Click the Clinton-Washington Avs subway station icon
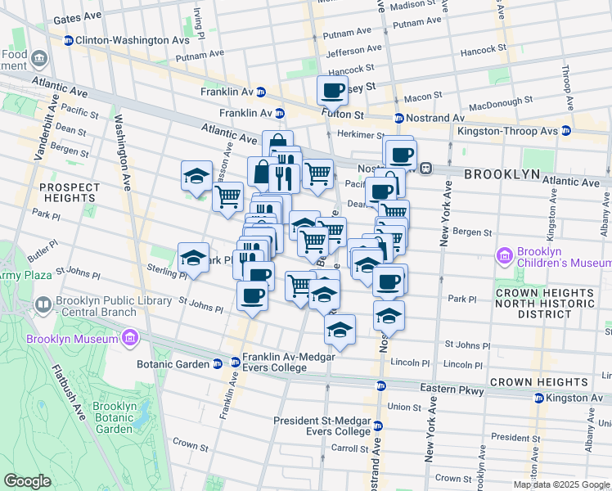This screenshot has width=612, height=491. click(x=69, y=39)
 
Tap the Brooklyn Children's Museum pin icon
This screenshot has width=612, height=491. click(x=504, y=256)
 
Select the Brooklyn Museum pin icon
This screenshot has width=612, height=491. click(x=129, y=338)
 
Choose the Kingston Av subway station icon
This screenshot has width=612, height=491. click(x=538, y=398)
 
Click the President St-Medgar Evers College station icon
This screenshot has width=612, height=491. click(x=377, y=426)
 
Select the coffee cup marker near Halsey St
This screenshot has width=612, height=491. click(x=333, y=91)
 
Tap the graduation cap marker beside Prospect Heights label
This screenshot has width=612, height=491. click(x=196, y=175)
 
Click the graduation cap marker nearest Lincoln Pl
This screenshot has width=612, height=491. click(x=339, y=330)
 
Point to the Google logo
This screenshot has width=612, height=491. click(x=27, y=481)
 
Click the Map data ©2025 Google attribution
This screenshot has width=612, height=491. click(x=560, y=484)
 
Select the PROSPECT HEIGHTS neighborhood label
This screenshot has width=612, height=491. click(x=69, y=192)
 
